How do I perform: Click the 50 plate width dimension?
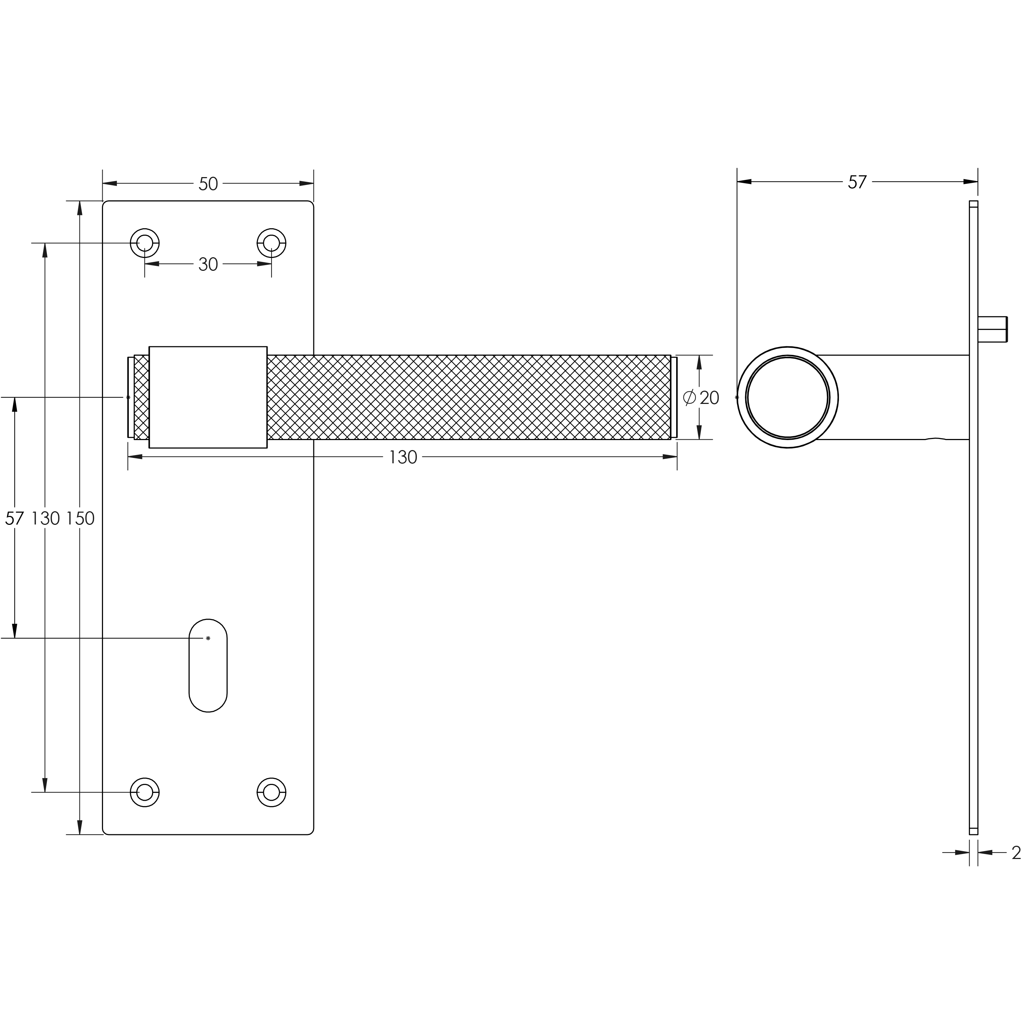tap(208, 184)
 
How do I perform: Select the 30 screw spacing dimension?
tap(208, 264)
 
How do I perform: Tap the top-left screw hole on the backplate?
tap(145, 243)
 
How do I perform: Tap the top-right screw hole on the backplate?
tap(272, 243)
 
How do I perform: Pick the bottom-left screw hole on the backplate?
tap(145, 792)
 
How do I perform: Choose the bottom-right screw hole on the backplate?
tap(272, 792)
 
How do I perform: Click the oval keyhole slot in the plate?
tap(208, 665)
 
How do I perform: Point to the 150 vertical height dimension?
tap(80, 518)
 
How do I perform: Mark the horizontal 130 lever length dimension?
tap(403, 457)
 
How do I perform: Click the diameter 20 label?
tap(701, 397)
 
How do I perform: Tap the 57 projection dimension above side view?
tap(857, 182)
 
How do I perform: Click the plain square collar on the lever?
tap(208, 397)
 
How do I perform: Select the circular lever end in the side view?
tap(787, 397)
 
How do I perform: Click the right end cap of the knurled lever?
tap(674, 397)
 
